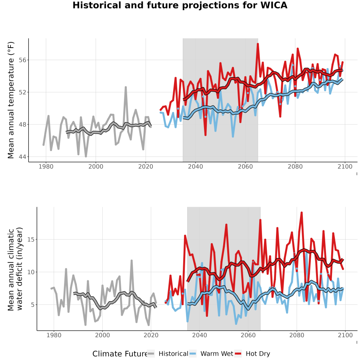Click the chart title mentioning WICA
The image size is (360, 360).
click(x=180, y=5)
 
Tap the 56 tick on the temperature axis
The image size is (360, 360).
click(x=22, y=60)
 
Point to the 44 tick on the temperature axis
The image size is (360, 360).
click(x=22, y=157)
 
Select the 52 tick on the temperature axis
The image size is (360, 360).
click(x=22, y=92)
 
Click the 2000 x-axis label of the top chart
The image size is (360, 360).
click(x=96, y=166)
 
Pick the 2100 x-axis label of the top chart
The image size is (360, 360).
click(x=345, y=166)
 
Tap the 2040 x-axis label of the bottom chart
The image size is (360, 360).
click(x=200, y=335)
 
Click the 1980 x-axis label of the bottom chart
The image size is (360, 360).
click(x=54, y=335)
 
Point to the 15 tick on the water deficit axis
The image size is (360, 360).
click(x=30, y=240)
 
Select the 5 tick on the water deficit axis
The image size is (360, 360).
click(x=33, y=305)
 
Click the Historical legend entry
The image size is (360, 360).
click(x=168, y=354)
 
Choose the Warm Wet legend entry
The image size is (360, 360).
click(x=211, y=354)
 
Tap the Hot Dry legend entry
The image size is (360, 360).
click(x=252, y=354)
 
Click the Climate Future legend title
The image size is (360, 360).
click(x=120, y=354)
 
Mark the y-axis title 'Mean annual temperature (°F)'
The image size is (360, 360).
click(x=10, y=100)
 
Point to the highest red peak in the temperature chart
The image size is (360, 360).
click(x=258, y=44)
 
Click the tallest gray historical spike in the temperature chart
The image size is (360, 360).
click(x=126, y=87)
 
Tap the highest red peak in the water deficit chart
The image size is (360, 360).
click(x=302, y=213)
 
